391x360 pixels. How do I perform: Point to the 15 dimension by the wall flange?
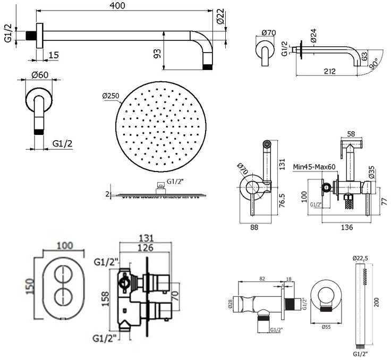point(53,55)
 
